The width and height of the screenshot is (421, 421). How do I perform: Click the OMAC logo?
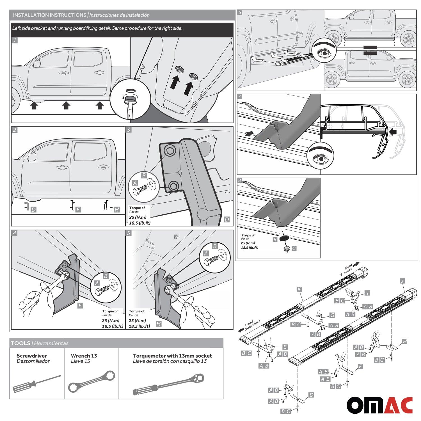[x=379, y=405]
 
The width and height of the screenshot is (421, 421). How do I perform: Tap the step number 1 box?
[x=15, y=40]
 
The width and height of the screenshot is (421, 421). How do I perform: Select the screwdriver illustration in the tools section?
[x=36, y=384]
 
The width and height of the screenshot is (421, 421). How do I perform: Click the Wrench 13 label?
[x=84, y=356]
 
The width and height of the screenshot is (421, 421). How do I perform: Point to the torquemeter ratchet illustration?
[x=172, y=384]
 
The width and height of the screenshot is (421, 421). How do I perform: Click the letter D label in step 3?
[x=227, y=219]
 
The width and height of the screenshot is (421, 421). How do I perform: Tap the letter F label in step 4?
[x=80, y=305]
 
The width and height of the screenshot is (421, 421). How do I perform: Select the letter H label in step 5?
[x=159, y=324]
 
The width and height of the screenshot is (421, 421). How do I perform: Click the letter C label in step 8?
[x=294, y=248]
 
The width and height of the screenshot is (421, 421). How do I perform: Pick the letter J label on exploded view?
[x=402, y=281]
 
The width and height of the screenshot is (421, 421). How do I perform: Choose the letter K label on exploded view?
[x=299, y=289]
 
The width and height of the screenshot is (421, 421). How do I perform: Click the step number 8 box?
[x=240, y=180]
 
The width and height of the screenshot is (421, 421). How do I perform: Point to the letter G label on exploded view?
[x=332, y=315]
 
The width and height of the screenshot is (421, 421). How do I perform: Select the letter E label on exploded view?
[x=285, y=347]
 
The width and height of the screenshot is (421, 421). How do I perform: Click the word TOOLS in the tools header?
[x=20, y=343]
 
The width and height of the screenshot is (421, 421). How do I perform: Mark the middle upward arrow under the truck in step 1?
[x=66, y=106]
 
